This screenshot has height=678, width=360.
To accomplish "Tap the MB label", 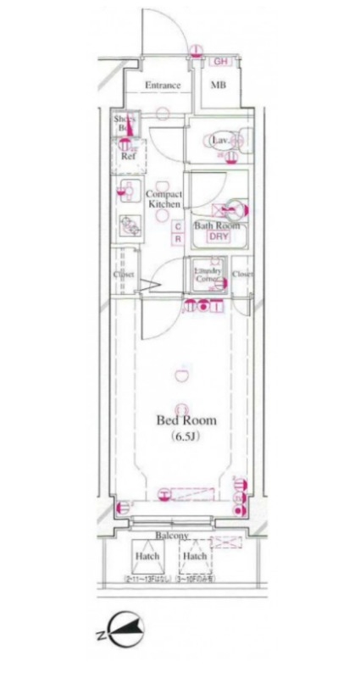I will [x=218, y=86].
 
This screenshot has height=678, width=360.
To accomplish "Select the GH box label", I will [x=220, y=62].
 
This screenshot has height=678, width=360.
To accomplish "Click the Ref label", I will [x=128, y=157].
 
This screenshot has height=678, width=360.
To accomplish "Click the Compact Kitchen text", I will [x=164, y=199].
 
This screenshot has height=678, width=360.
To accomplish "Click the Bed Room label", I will [x=186, y=420].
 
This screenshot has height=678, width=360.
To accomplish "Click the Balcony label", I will [x=170, y=536].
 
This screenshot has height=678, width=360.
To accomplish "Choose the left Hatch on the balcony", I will [x=147, y=556].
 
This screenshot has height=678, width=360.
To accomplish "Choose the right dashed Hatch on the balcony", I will [x=195, y=556].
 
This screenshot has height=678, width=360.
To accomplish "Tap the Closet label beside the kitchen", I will [x=125, y=274].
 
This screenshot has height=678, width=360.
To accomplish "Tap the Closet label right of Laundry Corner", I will [x=243, y=274].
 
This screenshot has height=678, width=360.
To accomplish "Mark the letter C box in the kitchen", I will [x=178, y=226].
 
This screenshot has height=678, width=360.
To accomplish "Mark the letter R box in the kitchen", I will [x=178, y=239].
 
